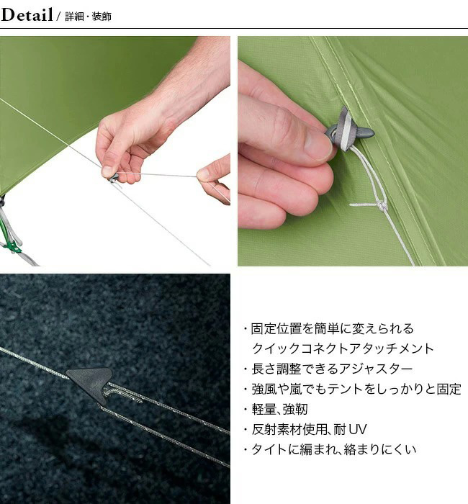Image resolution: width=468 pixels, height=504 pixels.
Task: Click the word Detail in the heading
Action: coord(27,15)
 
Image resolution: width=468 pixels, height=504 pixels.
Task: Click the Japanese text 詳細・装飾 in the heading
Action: coord(88,17)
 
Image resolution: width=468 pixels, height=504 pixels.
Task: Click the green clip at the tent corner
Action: coord(12,246)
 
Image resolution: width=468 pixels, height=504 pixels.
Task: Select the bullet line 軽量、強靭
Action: coord(276,409)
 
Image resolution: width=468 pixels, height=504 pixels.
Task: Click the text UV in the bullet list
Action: coord(357,429)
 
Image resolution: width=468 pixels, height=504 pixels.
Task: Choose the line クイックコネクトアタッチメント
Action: coord(343,348)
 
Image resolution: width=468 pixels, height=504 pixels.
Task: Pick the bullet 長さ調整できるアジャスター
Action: coord(328,369)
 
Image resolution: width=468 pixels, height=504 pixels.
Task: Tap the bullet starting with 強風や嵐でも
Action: coord(352,389)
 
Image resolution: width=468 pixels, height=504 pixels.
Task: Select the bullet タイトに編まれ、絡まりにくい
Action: coord(330,449)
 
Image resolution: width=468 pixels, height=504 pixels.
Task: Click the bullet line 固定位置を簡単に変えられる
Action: coord(328,329)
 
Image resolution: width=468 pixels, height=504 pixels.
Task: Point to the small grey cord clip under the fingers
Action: coord(112,179)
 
